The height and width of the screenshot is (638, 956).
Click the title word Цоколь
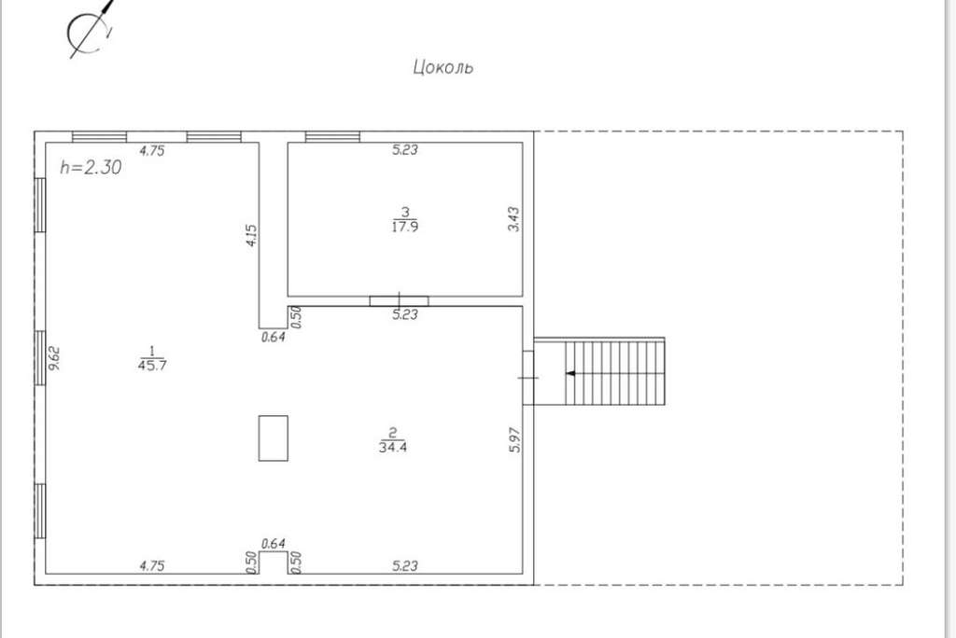(443, 66)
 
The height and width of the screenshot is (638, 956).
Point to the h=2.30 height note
(91, 167)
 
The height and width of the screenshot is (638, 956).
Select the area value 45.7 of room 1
(152, 366)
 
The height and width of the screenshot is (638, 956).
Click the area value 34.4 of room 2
(393, 447)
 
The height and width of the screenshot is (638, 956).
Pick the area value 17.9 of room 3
(405, 227)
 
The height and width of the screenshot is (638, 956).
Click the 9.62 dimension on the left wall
(55, 357)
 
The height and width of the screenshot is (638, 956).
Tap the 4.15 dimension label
(251, 235)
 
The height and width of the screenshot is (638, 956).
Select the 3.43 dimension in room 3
(513, 219)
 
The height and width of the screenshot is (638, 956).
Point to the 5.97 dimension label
(514, 439)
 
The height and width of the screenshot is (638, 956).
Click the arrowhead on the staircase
(570, 373)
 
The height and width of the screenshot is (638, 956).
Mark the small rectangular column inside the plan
(274, 438)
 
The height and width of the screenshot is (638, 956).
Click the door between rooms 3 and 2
(400, 301)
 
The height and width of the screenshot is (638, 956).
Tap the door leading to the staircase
(528, 378)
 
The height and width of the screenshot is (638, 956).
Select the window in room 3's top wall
(332, 137)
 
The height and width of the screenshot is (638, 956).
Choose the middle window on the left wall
(40, 357)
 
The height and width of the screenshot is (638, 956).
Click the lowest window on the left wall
(40, 510)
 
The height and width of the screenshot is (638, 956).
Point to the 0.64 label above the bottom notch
(274, 543)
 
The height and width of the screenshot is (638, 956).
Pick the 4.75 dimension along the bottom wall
(152, 565)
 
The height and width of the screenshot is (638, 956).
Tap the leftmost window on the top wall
(99, 137)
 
